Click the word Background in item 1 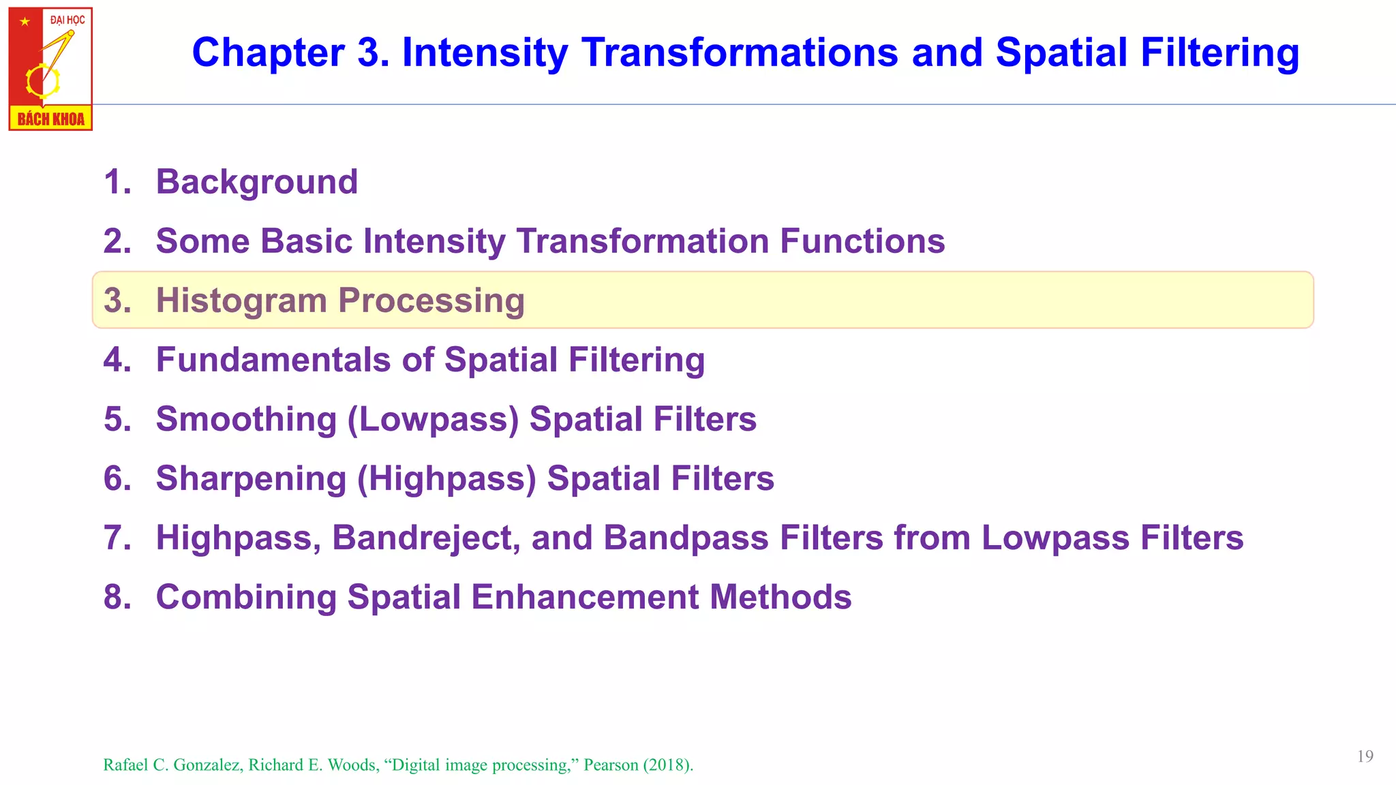[256, 182]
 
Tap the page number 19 [1365, 756]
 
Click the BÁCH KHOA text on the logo [50, 119]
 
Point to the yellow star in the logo [25, 22]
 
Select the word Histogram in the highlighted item [241, 301]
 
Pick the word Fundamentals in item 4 [273, 360]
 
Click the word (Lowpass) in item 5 [433, 419]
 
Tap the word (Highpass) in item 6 [446, 478]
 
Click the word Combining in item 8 [246, 597]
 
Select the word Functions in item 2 [862, 241]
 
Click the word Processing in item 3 [431, 301]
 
